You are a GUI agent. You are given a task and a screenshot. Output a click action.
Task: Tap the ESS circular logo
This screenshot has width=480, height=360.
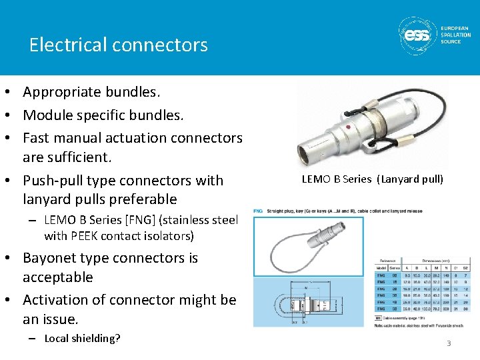click(418, 35)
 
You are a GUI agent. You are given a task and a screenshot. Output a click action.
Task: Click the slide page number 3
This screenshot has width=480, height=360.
click(449, 343)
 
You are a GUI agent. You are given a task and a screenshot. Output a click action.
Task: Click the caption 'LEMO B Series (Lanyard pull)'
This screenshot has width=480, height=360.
click(372, 179)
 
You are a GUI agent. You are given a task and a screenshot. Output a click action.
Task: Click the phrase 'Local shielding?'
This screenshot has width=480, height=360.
click(82, 338)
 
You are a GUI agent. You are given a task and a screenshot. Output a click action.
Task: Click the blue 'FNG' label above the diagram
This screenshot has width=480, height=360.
click(258, 211)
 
